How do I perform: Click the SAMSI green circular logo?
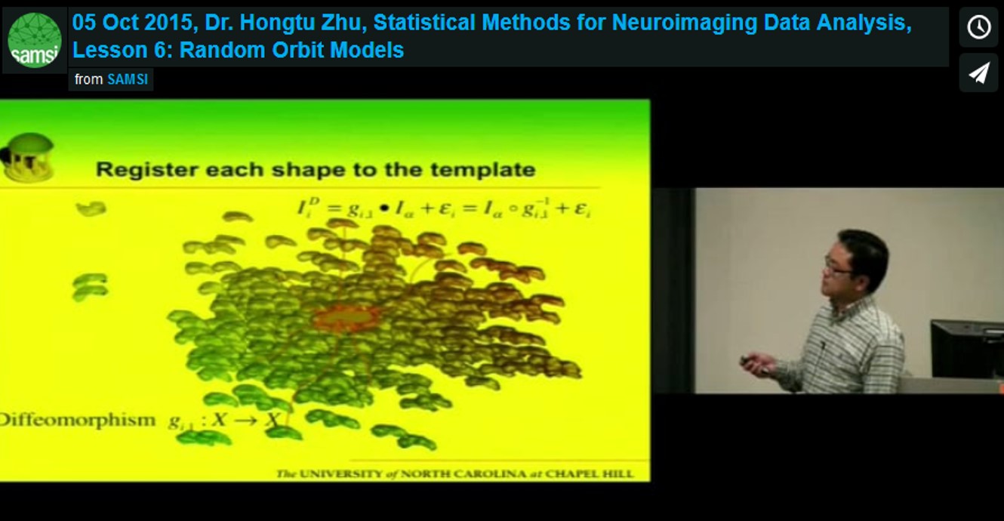[35, 40]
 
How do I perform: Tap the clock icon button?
[978, 27]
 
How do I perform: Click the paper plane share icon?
[978, 72]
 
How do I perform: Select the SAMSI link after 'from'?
[128, 79]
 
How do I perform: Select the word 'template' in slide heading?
[490, 168]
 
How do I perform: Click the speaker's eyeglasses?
[837, 267]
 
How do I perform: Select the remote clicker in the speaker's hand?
[750, 361]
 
